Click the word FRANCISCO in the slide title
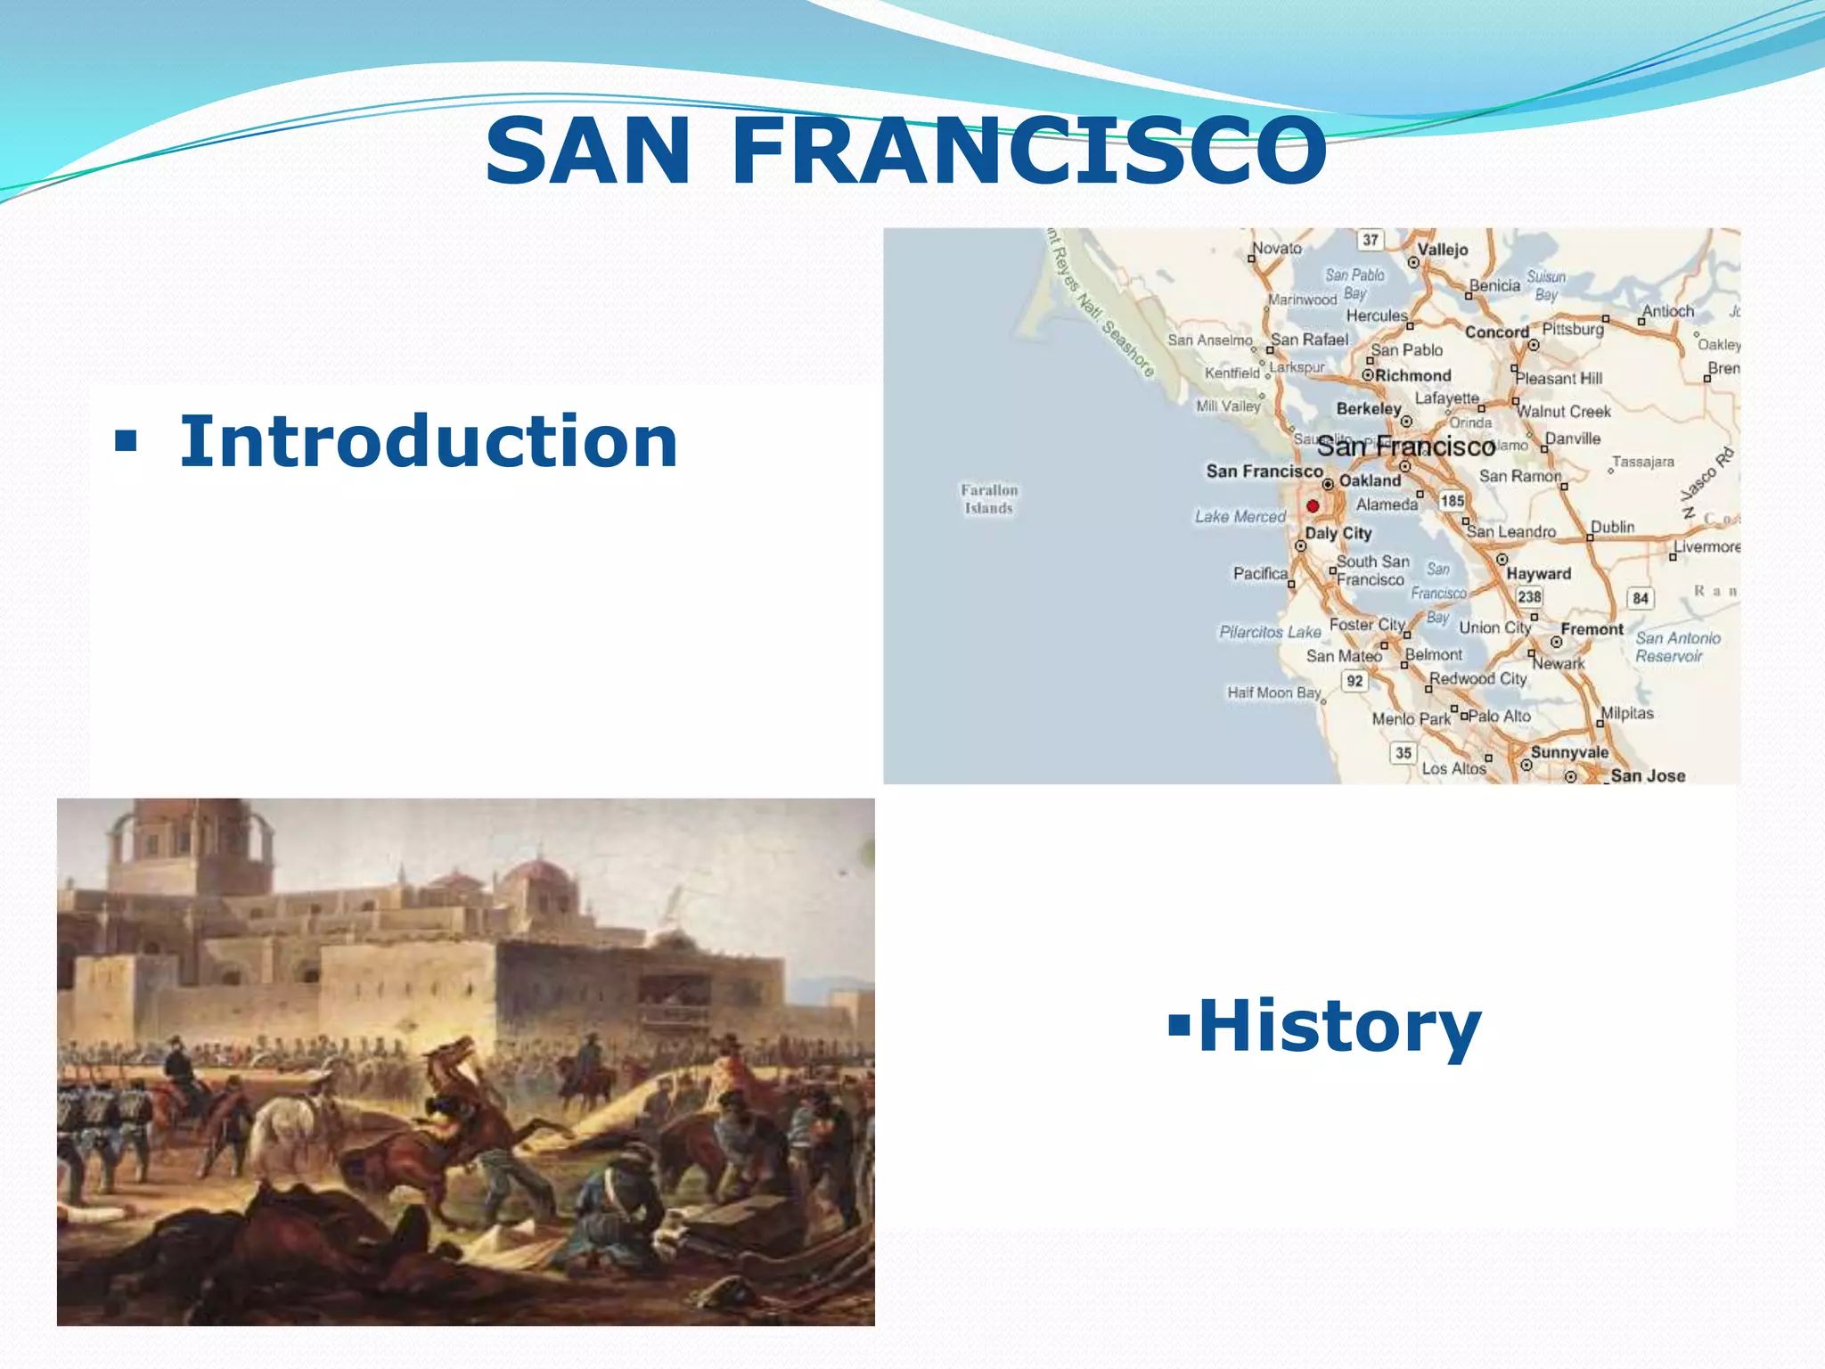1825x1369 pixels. [x=1029, y=152]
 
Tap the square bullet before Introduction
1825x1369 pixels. [x=126, y=440]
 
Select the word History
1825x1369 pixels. [x=1338, y=1027]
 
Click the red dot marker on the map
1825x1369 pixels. [x=1313, y=506]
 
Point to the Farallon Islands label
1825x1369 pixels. [x=988, y=499]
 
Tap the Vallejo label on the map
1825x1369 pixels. [x=1442, y=250]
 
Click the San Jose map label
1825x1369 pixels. [x=1647, y=775]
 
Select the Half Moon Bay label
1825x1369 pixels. [x=1273, y=693]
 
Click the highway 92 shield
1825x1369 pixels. [x=1354, y=681]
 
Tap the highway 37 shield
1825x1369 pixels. [x=1371, y=240]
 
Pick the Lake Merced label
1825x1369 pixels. [x=1240, y=517]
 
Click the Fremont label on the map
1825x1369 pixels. [x=1592, y=629]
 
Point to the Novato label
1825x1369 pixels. [x=1276, y=249]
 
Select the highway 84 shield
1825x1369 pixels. [x=1641, y=598]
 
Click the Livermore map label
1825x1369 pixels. [x=1706, y=546]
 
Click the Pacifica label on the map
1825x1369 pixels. [x=1260, y=574]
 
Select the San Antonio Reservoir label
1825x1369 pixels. [x=1677, y=647]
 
